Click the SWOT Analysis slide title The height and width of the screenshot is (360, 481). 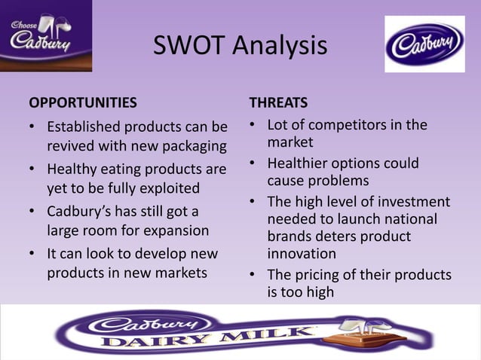(x=240, y=46)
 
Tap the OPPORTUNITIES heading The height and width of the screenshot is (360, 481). (x=83, y=102)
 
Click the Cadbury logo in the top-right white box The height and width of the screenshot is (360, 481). (x=424, y=44)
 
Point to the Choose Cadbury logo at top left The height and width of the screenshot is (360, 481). (x=45, y=35)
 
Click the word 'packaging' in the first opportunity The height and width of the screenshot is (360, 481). (x=190, y=145)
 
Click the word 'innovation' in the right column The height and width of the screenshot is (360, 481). (x=302, y=254)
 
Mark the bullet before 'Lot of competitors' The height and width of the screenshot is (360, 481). (x=253, y=125)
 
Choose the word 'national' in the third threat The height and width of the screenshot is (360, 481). (x=410, y=219)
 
